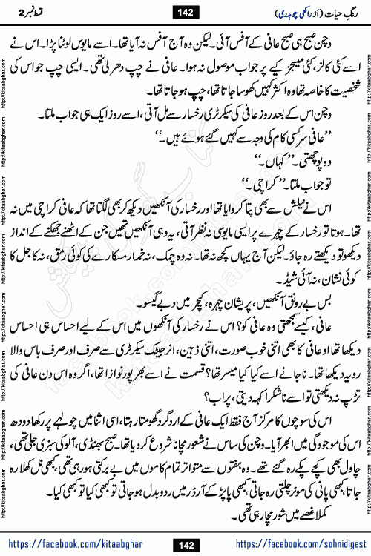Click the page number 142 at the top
(185, 11)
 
